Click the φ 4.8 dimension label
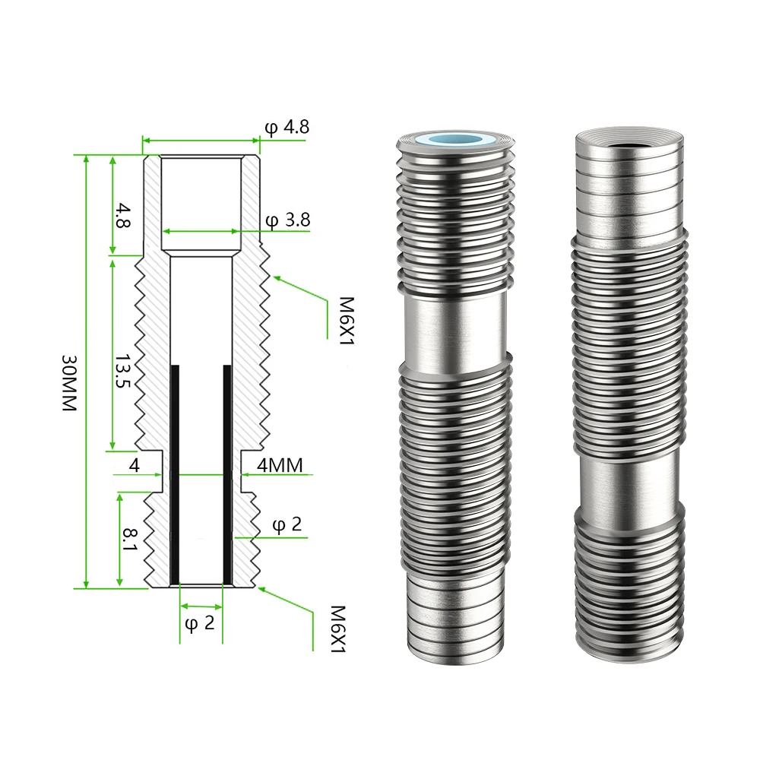[x=287, y=128]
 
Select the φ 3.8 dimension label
[x=288, y=220]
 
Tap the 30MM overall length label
[x=69, y=383]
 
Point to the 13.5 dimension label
[x=123, y=371]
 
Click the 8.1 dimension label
[x=131, y=540]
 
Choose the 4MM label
[x=280, y=465]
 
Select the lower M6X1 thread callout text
[x=337, y=629]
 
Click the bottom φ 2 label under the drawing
[x=200, y=623]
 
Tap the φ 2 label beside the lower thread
[x=287, y=525]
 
